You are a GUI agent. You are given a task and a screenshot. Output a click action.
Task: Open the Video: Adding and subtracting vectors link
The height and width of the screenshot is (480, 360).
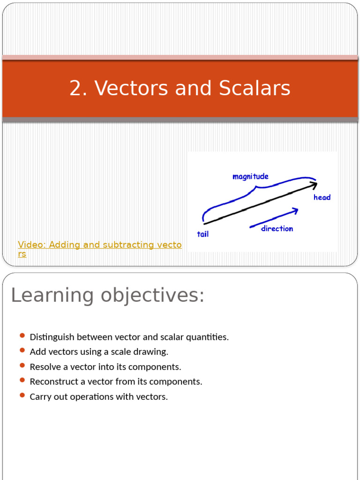(99, 245)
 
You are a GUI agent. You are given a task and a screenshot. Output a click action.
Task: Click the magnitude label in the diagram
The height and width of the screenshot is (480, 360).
(250, 177)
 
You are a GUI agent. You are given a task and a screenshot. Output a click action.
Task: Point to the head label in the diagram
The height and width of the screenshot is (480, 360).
(322, 197)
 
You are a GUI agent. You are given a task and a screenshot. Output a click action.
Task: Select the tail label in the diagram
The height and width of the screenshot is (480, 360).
(203, 234)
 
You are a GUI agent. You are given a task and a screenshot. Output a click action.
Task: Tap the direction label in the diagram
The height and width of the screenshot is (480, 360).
(277, 229)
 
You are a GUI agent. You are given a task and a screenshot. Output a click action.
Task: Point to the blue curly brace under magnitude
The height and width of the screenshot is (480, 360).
(255, 190)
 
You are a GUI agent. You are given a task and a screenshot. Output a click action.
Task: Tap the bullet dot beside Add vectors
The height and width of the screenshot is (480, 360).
(22, 350)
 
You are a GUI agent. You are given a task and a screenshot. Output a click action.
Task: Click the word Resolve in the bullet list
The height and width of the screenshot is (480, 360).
(45, 367)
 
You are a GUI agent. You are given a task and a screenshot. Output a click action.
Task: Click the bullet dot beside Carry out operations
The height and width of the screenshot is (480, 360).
(22, 395)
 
